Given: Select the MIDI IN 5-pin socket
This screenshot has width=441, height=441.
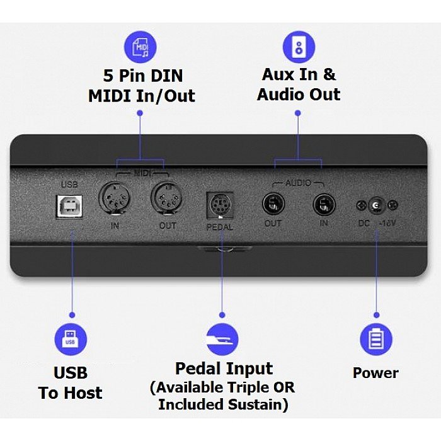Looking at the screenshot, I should coord(114,200).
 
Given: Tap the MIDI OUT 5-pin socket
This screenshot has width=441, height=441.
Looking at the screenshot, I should coord(166,200).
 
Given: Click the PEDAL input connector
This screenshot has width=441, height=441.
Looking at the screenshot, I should coord(220,206).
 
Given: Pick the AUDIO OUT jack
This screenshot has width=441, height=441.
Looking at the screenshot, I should coord(273,204).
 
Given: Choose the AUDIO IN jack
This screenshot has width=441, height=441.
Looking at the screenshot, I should coord(324,204).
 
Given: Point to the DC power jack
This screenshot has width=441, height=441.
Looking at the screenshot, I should coord(376,205).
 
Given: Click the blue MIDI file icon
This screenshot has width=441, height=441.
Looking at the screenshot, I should coord(140,48).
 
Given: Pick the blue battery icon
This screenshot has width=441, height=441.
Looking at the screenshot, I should coord(376,340).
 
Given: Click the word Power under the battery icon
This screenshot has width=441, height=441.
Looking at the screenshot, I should coord(375,372).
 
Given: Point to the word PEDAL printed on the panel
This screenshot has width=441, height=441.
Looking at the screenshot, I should coord(220,227).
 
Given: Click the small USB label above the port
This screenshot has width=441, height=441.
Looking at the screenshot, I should coord(69,185).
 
